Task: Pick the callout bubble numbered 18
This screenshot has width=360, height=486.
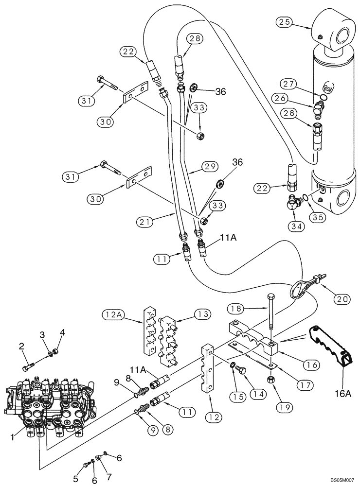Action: coord(236,308)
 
